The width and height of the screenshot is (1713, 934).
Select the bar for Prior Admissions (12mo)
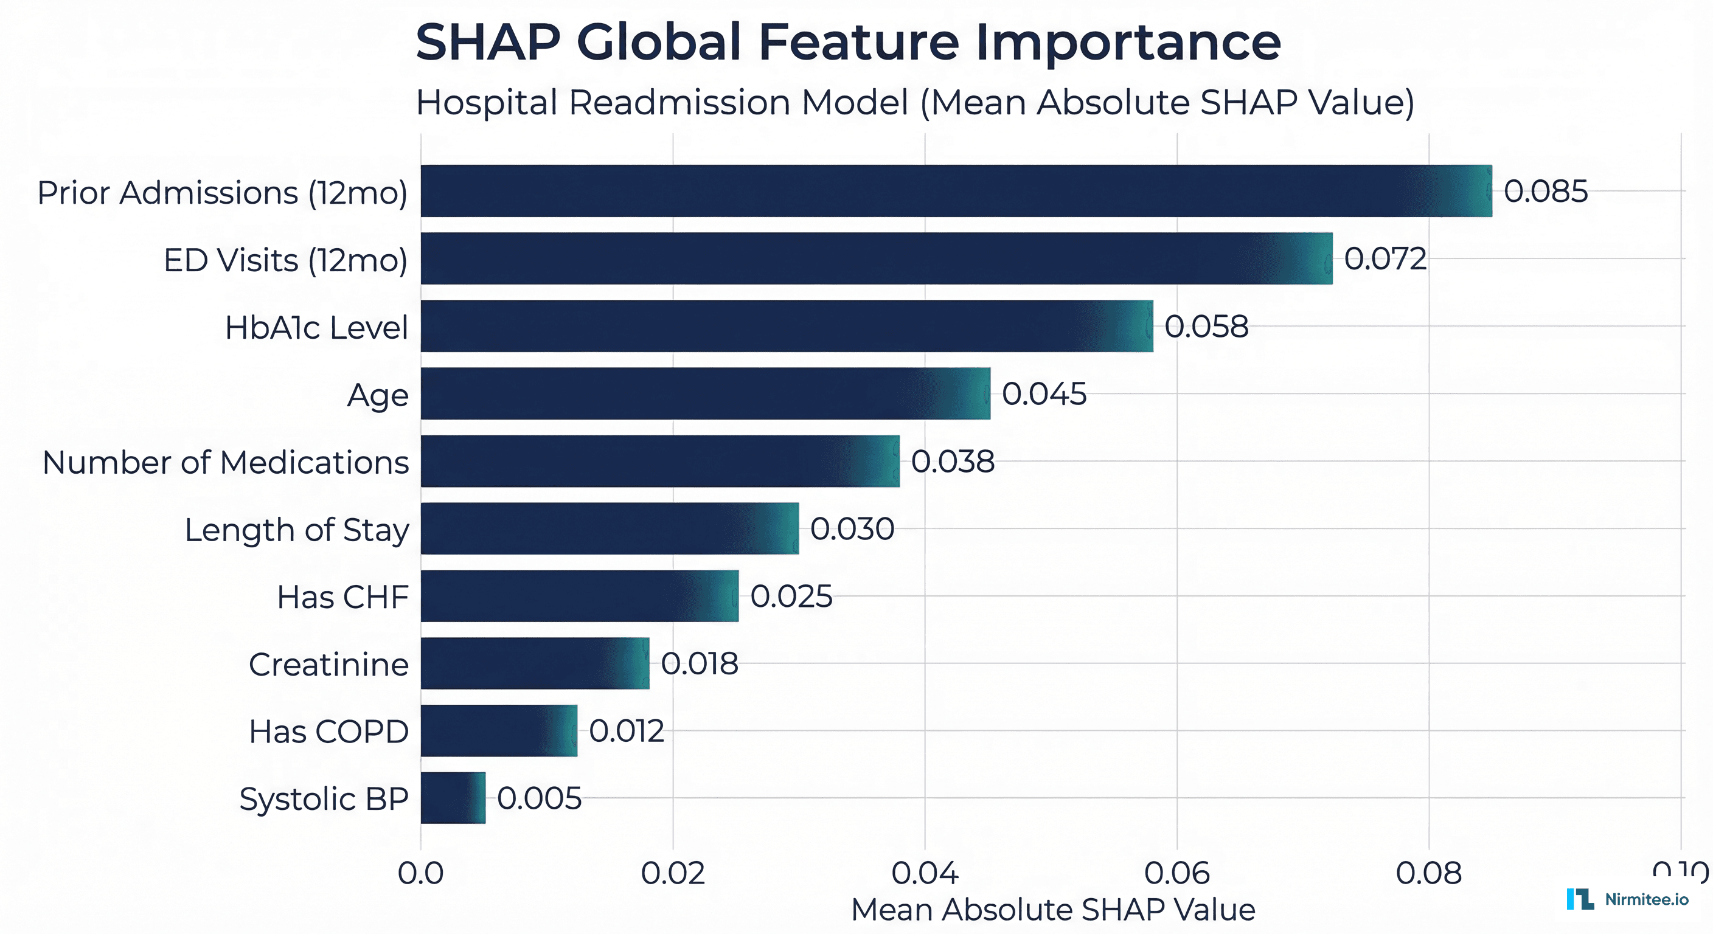point(956,191)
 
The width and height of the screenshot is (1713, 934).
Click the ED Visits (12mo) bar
point(876,258)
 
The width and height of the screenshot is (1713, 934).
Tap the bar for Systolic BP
point(453,798)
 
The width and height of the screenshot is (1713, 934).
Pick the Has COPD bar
point(499,730)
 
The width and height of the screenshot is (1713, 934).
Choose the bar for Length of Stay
point(609,528)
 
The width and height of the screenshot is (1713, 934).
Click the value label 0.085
point(1546,192)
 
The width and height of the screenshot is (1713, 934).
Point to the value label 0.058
point(1206,327)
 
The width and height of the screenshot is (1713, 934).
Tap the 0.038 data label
point(952,462)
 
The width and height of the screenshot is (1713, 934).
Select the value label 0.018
point(700,663)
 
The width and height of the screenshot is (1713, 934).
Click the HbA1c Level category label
point(316,328)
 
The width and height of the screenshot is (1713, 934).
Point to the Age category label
point(378,395)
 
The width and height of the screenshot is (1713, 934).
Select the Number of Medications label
point(226,463)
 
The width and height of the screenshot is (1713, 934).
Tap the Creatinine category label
point(328,664)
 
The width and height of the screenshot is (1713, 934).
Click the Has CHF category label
point(342,597)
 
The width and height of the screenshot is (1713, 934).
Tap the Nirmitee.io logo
point(1627,899)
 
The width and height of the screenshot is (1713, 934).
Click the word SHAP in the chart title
point(488,42)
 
